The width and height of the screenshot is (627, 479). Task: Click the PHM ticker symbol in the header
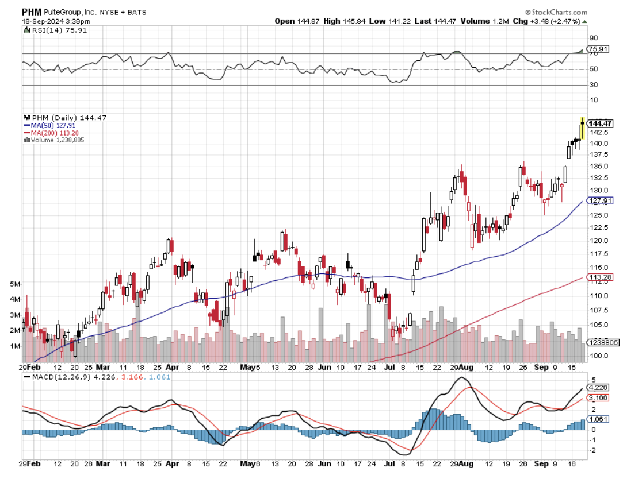pos(32,11)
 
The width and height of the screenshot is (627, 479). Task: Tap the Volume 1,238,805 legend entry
pos(56,140)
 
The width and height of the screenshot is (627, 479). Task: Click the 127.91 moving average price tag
pos(599,200)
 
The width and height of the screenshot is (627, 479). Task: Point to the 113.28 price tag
pos(599,277)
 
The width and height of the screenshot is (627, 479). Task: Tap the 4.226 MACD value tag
pos(599,387)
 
